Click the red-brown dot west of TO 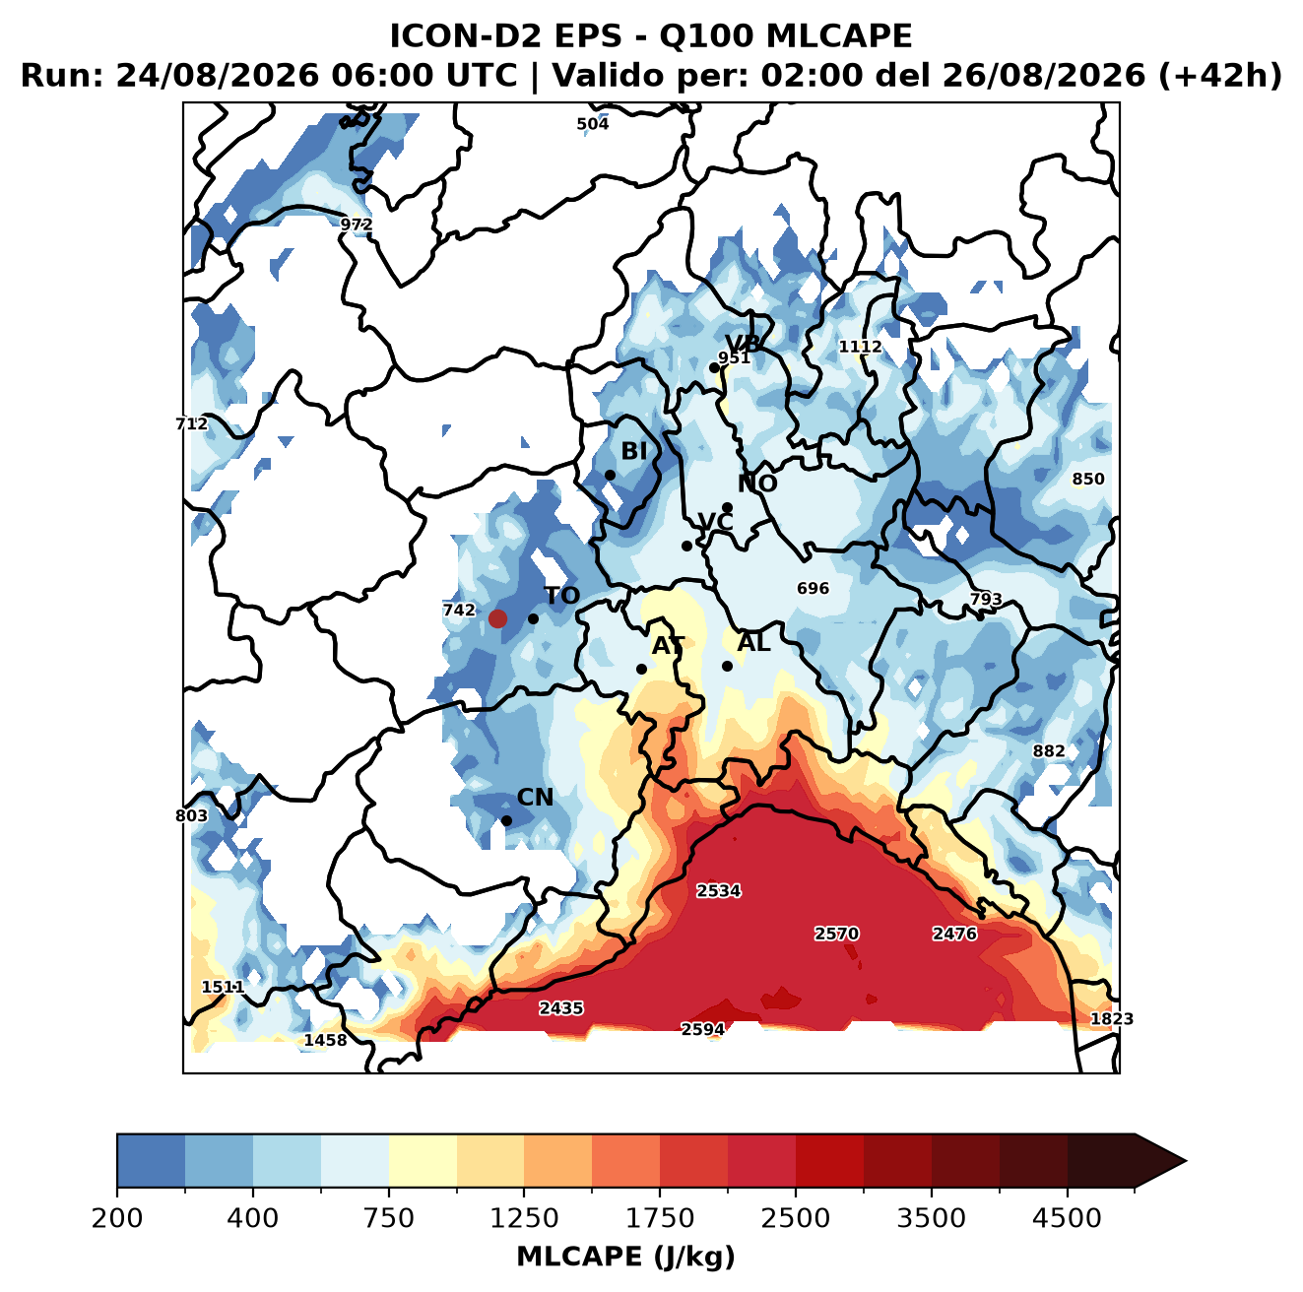(497, 618)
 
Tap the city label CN (534, 797)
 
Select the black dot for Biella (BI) (610, 475)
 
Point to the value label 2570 (836, 934)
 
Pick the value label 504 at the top (592, 124)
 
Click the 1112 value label (860, 347)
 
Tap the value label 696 (813, 588)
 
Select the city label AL (753, 642)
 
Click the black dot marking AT (641, 669)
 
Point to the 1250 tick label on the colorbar (524, 1237)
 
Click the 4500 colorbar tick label (1067, 1237)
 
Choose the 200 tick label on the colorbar (117, 1237)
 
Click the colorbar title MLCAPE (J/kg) (625, 1276)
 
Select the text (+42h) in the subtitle (1220, 75)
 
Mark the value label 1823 (1111, 1018)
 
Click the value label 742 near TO (458, 610)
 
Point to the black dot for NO (727, 507)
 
